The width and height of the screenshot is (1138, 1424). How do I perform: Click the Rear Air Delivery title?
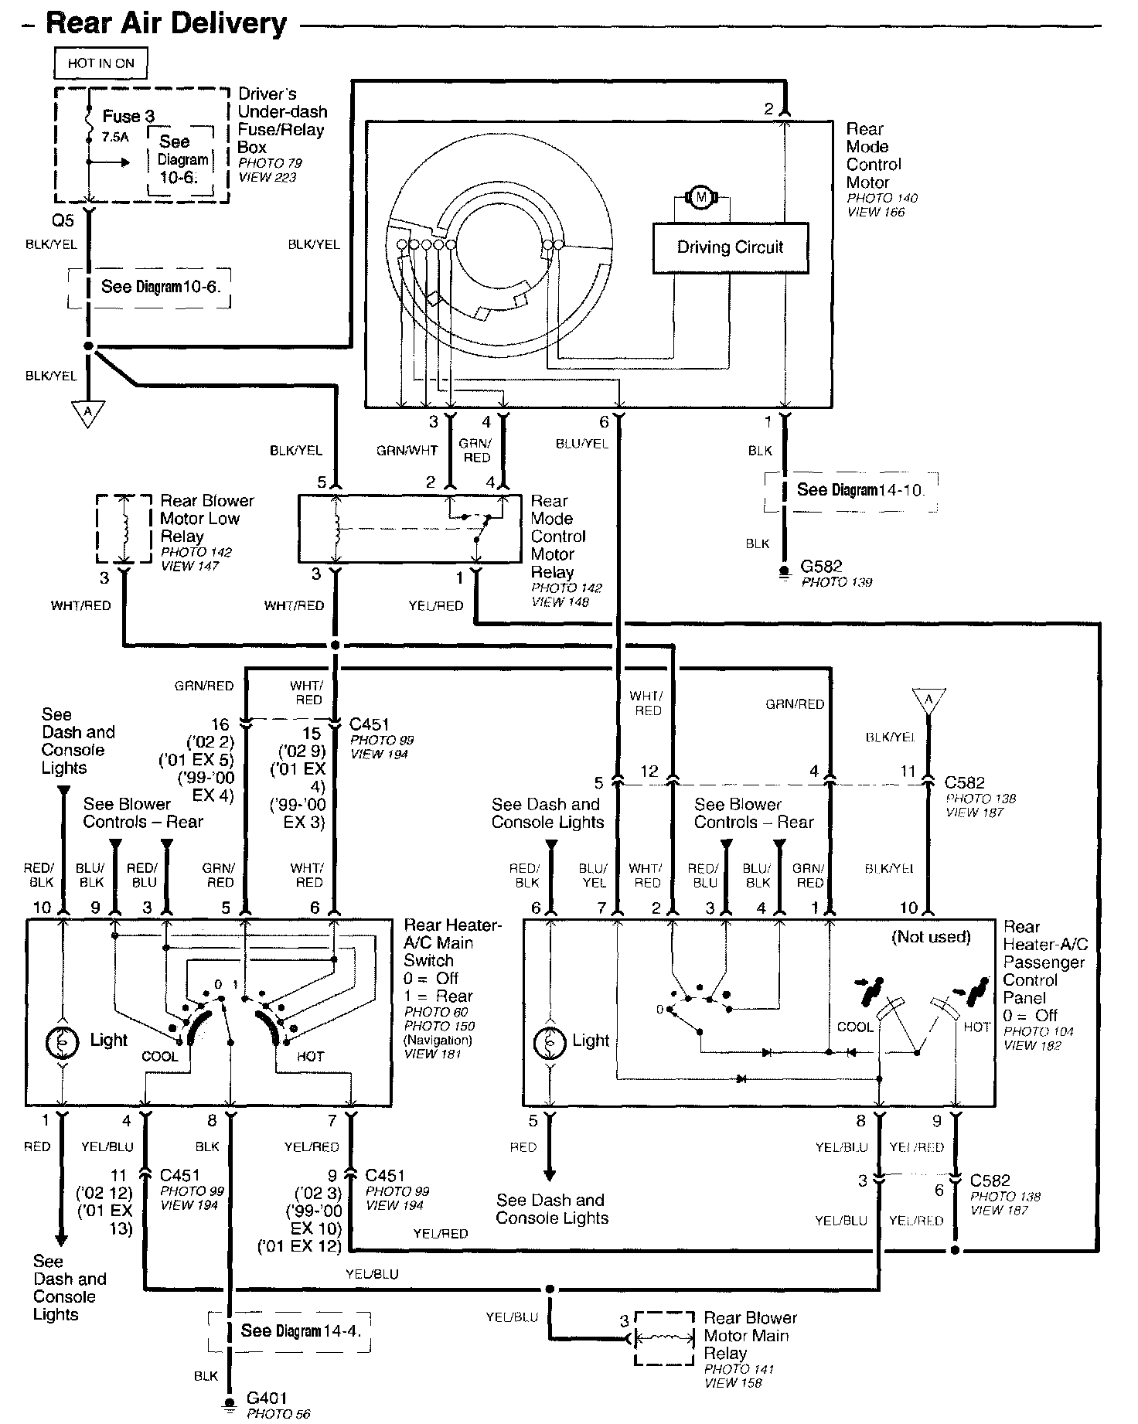(x=166, y=23)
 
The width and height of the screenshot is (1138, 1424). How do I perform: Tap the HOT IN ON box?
(x=101, y=63)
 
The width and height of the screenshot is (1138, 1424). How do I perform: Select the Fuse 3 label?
(x=128, y=117)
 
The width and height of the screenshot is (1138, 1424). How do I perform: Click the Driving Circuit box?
(x=731, y=248)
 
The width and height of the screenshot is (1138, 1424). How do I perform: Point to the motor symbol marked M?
(x=701, y=198)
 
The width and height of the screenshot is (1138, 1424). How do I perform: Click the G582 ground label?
(x=821, y=567)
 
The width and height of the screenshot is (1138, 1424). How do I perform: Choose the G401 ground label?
(x=267, y=1398)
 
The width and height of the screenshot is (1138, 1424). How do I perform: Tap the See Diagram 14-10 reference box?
(x=851, y=491)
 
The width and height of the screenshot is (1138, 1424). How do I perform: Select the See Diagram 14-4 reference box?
(x=290, y=1331)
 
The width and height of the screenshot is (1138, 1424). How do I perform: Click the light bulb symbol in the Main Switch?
(x=61, y=1043)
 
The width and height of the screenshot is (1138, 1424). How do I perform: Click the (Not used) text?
(x=931, y=938)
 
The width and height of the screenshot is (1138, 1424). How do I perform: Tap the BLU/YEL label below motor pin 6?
(x=581, y=444)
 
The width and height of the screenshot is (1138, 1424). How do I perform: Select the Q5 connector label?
(x=63, y=221)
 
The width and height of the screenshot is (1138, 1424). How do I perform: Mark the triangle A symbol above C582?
(x=928, y=700)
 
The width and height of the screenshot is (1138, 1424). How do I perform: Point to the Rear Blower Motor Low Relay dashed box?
(x=124, y=529)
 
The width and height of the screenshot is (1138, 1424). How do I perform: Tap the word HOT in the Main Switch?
(x=310, y=1057)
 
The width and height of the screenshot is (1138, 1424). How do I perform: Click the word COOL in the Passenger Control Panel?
(x=855, y=1027)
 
